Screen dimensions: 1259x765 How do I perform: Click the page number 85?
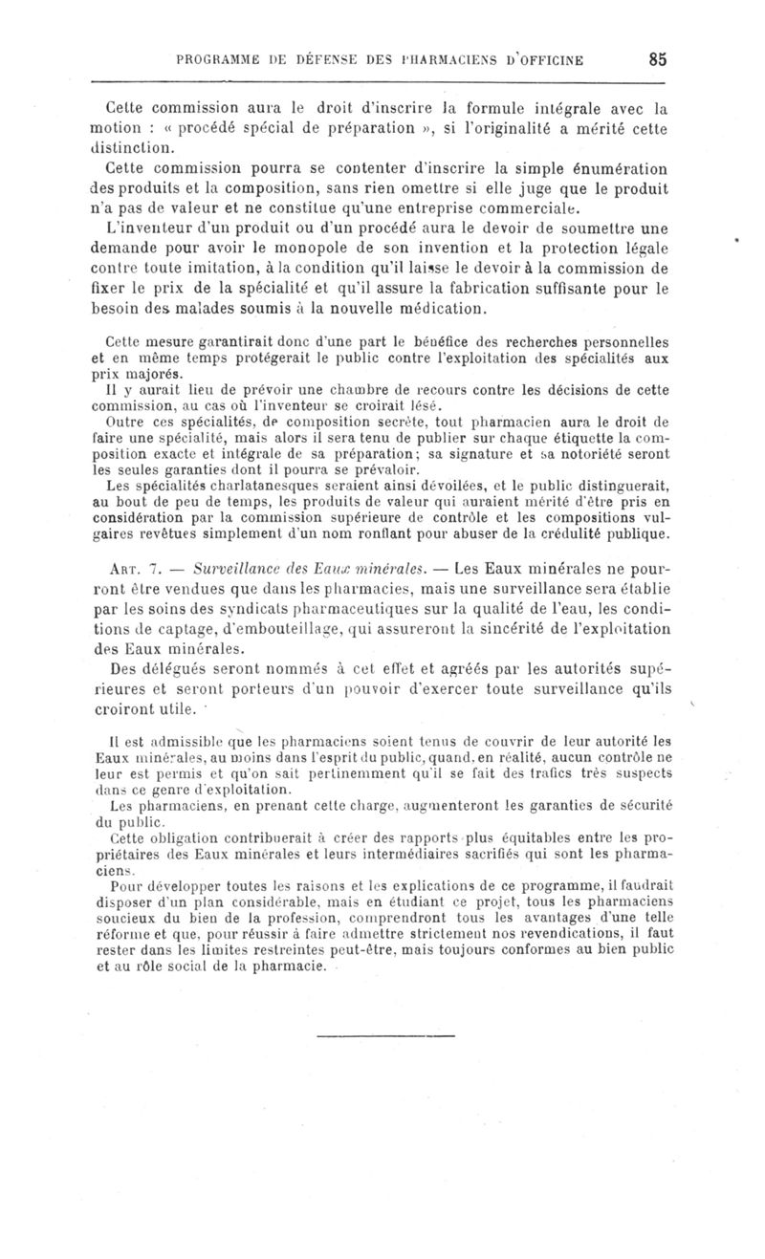(657, 58)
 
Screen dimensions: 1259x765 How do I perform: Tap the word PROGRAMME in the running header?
(217, 59)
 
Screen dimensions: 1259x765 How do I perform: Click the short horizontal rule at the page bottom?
(384, 1035)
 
